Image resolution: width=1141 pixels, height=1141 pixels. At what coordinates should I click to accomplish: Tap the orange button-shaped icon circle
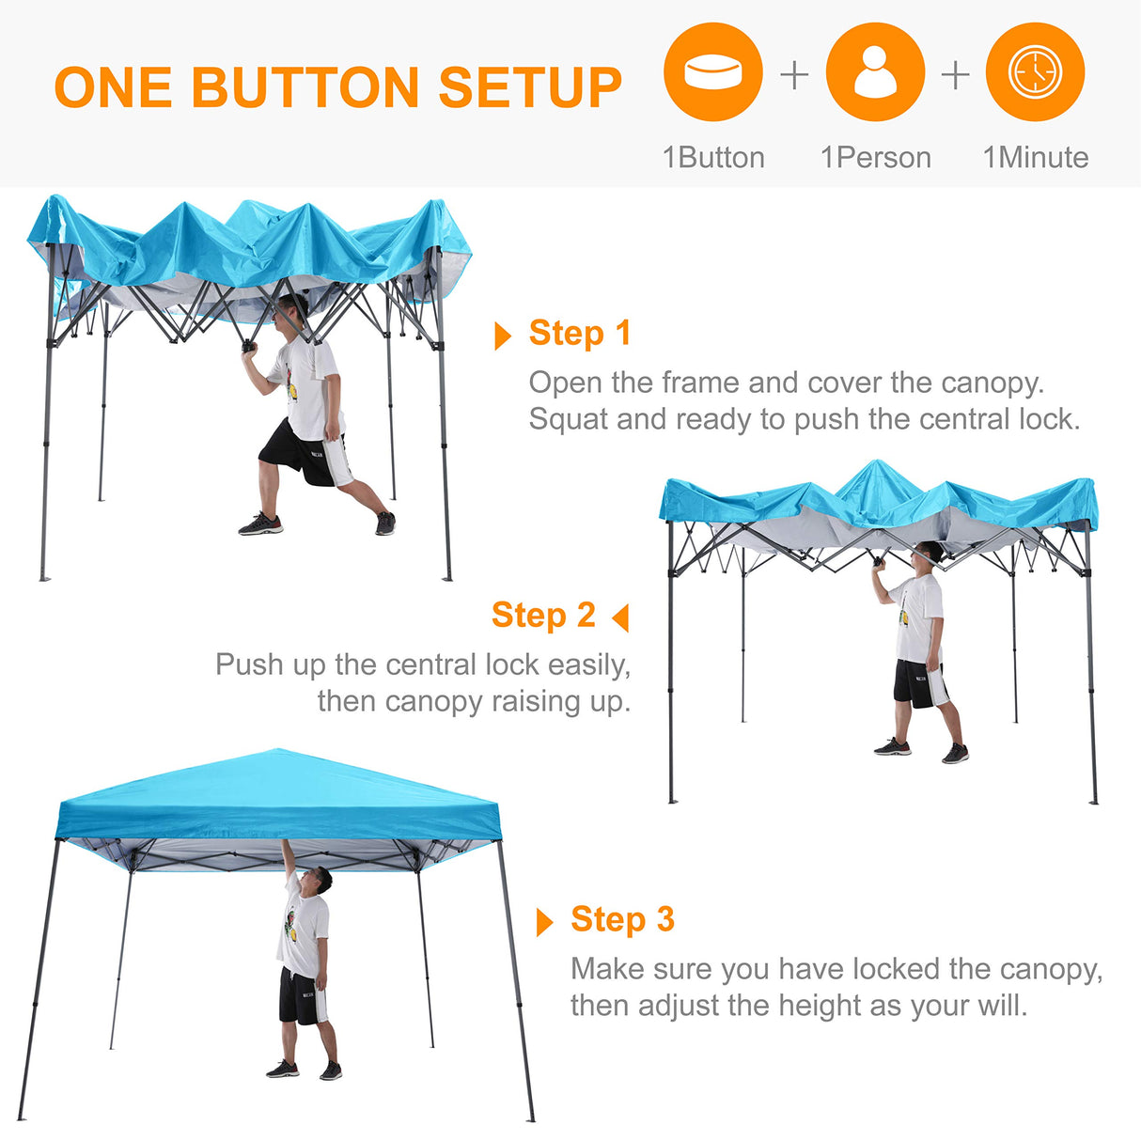pos(712,72)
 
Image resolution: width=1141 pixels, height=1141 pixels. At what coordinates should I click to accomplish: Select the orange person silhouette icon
pos(875,72)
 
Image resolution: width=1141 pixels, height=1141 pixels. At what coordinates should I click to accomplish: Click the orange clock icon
pos(1035,72)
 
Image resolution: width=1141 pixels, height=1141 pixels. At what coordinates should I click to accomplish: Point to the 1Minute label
pos(1035,158)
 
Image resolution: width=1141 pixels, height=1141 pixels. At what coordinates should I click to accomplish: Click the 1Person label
pos(875,158)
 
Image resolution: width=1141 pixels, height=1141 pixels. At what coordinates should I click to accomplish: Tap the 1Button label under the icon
pos(713,158)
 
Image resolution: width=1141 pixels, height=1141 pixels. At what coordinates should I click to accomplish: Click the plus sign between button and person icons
pos(794,74)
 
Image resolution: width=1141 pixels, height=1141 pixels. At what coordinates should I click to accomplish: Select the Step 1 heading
pos(579,333)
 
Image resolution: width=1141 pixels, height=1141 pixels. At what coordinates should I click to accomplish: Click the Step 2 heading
pos(543,615)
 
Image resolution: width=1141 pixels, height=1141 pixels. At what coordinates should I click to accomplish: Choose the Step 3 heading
pos(622,919)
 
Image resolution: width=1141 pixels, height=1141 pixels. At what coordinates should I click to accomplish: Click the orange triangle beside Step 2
pos(620,617)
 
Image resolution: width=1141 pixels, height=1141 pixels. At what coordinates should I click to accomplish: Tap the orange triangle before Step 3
pos(544,922)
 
